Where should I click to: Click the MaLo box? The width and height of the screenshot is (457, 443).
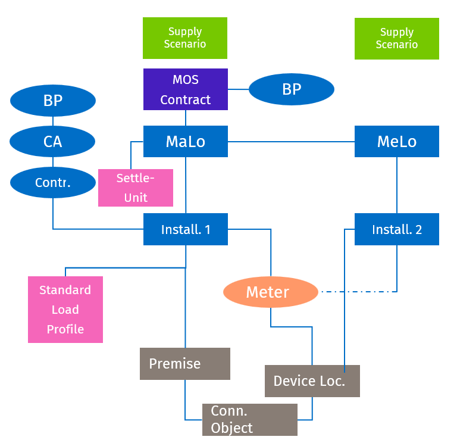[x=186, y=142]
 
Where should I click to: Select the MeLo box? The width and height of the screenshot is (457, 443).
[x=397, y=142]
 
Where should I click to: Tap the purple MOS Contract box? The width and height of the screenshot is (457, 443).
[x=186, y=89]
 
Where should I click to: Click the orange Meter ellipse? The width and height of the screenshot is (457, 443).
[x=271, y=292]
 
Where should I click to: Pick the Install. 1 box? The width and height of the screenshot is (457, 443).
[x=186, y=229]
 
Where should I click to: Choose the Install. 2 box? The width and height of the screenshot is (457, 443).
[x=397, y=229]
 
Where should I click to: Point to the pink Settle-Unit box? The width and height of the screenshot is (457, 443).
[x=136, y=188]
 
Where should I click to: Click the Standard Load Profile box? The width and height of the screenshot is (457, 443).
[x=65, y=310]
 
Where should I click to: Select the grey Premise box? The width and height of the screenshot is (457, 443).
[x=185, y=364]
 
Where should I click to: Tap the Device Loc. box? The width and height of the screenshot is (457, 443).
[x=312, y=381]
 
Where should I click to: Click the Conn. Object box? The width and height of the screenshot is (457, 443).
[x=249, y=420]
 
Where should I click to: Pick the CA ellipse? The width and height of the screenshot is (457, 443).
[x=53, y=142]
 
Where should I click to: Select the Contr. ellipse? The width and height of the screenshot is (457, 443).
[x=53, y=183]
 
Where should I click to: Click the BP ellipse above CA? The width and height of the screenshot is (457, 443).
[x=53, y=101]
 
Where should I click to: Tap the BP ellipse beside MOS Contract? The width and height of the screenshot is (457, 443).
[x=292, y=89]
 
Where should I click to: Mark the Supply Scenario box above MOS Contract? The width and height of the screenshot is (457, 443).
[x=185, y=38]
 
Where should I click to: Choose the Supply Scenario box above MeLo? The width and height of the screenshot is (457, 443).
[x=397, y=39]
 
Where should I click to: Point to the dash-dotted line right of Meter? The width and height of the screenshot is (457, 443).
[x=357, y=292]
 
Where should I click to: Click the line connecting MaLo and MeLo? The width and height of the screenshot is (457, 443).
[x=292, y=142]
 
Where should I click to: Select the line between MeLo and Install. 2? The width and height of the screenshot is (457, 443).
[x=397, y=185]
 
